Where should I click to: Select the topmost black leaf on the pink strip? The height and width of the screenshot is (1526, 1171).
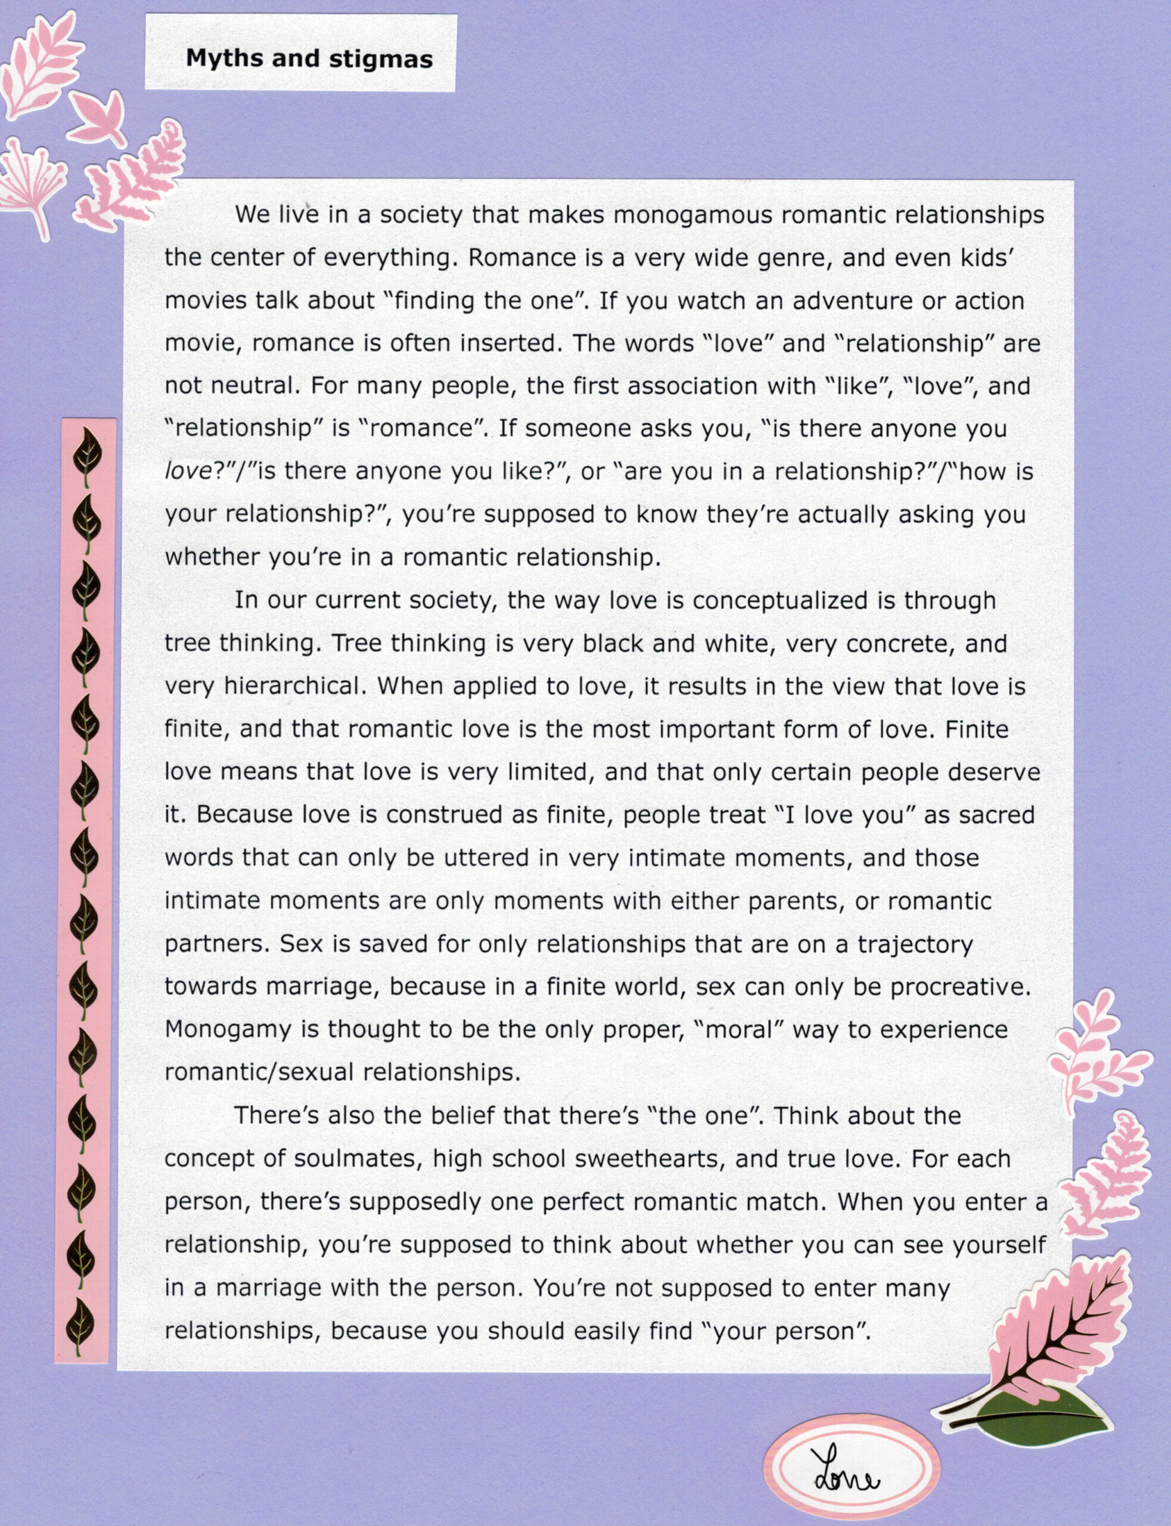[x=88, y=451]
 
